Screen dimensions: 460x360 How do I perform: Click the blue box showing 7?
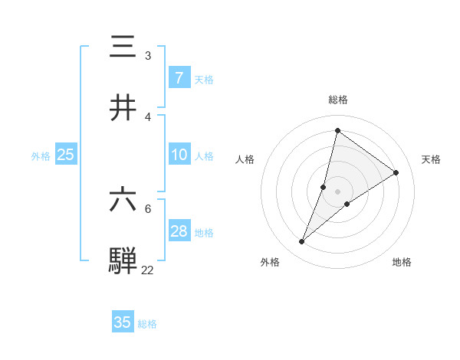[x=179, y=78]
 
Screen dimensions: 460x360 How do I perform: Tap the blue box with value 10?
[x=179, y=155]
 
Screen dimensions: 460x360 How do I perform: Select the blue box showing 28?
[x=179, y=231]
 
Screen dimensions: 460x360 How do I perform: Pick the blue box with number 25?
[x=66, y=155]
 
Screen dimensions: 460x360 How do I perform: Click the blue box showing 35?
[x=123, y=322]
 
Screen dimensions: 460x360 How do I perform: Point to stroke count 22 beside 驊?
[x=148, y=270]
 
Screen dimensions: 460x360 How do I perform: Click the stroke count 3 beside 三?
[x=148, y=56]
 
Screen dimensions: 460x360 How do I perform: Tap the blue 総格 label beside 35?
[x=148, y=324]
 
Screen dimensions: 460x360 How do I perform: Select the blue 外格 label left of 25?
[x=41, y=156]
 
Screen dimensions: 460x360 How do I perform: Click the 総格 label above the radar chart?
[x=337, y=100]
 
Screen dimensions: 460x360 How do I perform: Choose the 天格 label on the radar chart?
[x=432, y=159]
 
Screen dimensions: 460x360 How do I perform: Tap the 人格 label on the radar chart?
[x=245, y=159]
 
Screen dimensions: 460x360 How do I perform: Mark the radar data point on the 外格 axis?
[x=302, y=242]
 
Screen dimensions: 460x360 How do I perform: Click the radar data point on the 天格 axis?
[x=396, y=172]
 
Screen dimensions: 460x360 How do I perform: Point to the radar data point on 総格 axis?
[x=337, y=131]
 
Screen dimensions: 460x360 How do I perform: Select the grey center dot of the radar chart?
[x=337, y=191]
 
